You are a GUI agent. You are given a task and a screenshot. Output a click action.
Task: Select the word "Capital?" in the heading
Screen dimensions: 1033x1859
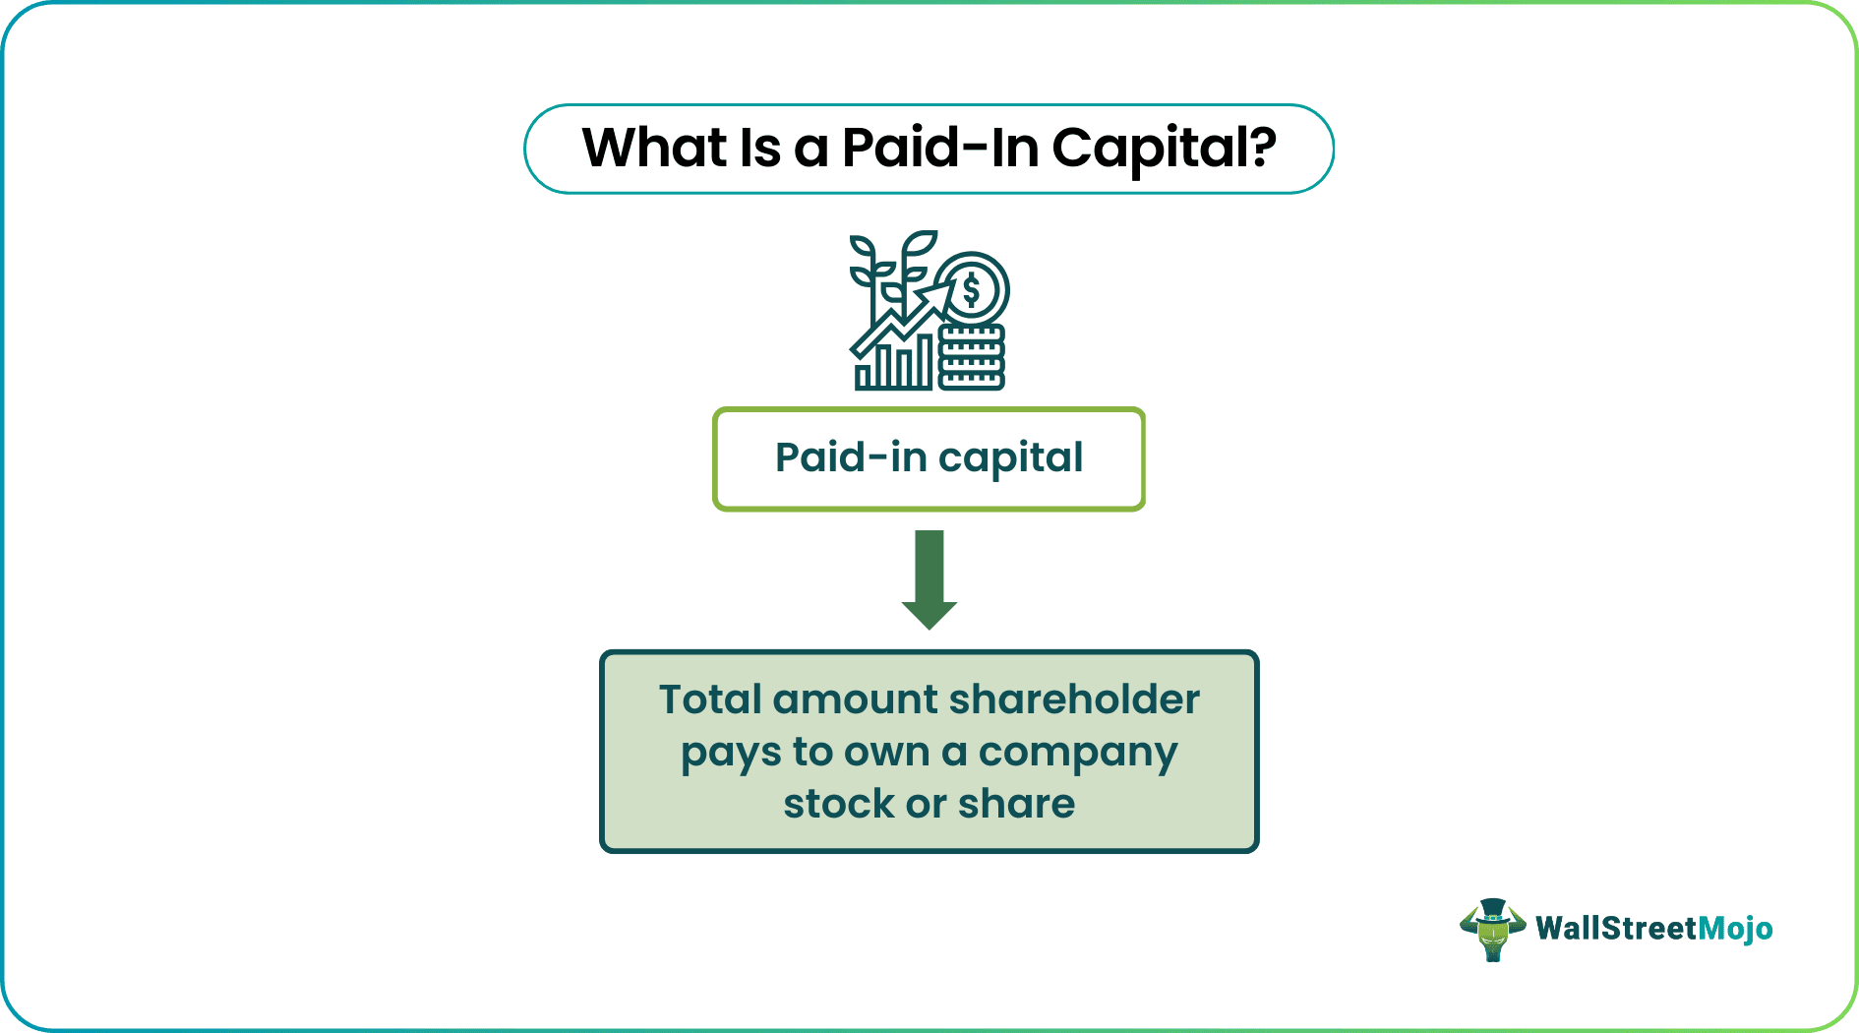click(x=1164, y=149)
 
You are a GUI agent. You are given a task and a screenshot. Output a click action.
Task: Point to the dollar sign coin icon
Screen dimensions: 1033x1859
click(x=972, y=288)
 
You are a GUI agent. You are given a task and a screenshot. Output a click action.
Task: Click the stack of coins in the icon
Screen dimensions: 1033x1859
click(x=972, y=358)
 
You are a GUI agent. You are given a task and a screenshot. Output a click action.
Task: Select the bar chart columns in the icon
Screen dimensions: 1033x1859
click(x=894, y=366)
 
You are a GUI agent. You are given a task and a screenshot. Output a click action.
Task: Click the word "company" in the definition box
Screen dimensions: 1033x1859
click(x=1078, y=754)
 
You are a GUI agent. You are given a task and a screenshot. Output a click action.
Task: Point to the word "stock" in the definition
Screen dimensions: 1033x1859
click(x=839, y=805)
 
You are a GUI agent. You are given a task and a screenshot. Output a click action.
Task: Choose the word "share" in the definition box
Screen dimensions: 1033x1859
click(x=1016, y=805)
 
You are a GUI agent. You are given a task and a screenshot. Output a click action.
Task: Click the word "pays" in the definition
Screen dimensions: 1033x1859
click(x=731, y=754)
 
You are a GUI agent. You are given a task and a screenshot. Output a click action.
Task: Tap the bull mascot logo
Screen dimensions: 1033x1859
click(x=1492, y=929)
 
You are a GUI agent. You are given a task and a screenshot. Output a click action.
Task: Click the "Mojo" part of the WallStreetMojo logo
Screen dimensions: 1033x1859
click(x=1736, y=929)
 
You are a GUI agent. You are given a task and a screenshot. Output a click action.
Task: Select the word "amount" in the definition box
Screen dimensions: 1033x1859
click(x=856, y=700)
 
